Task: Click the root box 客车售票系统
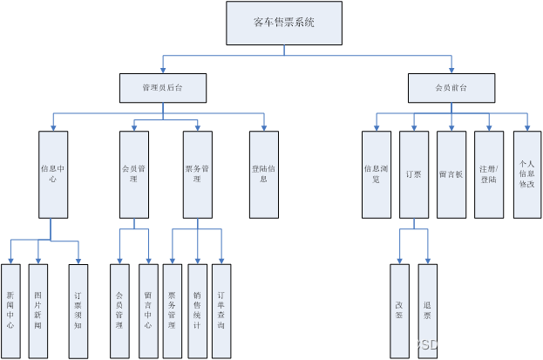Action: (x=283, y=23)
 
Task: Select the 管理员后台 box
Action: (x=162, y=88)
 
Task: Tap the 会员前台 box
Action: (x=451, y=88)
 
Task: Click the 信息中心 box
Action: (x=53, y=173)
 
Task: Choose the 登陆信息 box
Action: (x=264, y=173)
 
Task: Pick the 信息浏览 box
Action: (x=377, y=173)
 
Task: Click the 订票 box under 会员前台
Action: (x=413, y=173)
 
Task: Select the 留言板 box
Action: (x=451, y=173)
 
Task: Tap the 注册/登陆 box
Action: (x=489, y=173)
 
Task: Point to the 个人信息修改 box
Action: (x=527, y=173)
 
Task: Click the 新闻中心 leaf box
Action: (x=10, y=311)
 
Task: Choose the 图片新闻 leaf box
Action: (x=37, y=311)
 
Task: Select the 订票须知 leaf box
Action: (x=78, y=311)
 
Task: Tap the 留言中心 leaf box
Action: (x=147, y=311)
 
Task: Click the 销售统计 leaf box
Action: (x=197, y=311)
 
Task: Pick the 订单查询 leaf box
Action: (x=221, y=311)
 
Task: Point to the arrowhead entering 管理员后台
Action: (x=162, y=71)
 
